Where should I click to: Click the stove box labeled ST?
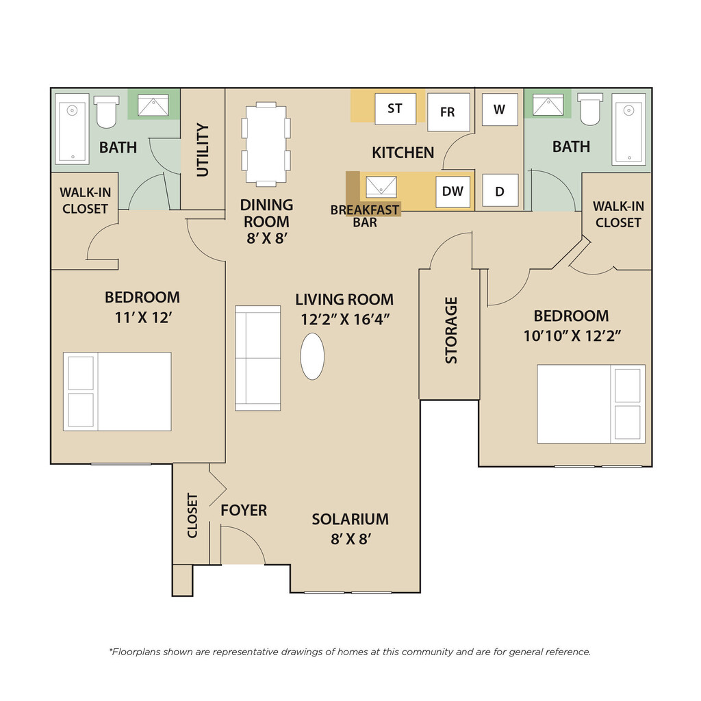(395, 109)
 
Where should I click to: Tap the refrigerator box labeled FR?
(448, 112)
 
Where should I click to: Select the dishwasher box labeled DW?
(453, 192)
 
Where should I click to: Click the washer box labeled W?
(500, 110)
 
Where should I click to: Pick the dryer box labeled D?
(500, 191)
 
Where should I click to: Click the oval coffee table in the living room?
(312, 356)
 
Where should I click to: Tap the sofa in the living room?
(258, 358)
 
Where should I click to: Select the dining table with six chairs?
(266, 144)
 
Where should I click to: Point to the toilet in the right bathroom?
(590, 109)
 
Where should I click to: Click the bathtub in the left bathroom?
(72, 129)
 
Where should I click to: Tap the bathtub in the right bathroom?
(628, 129)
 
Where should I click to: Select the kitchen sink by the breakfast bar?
(381, 186)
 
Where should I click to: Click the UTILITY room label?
(203, 150)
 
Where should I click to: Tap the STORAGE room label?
(452, 330)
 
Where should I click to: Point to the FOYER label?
(244, 510)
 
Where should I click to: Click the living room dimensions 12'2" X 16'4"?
(345, 320)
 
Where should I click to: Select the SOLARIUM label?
(350, 519)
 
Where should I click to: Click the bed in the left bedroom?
(117, 392)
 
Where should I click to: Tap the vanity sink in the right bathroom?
(548, 105)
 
